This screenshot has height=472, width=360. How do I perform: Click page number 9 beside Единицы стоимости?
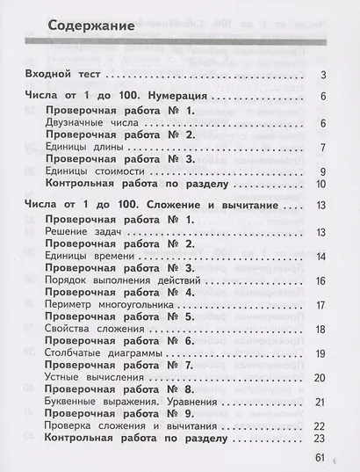coord(324,171)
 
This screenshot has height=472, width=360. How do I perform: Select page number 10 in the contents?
coord(321,184)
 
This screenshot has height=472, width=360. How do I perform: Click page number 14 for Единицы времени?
coord(321,257)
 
